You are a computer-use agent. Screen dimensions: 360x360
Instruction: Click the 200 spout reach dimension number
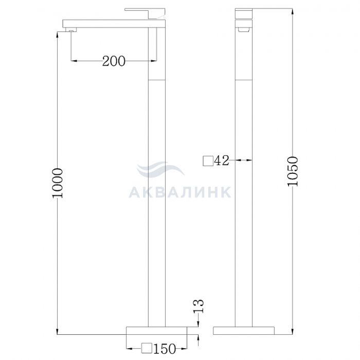[x=114, y=61]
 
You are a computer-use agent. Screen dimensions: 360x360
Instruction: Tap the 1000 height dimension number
[x=58, y=183]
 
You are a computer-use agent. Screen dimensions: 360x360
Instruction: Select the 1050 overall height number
[x=293, y=171]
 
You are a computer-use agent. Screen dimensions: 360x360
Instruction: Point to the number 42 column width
[x=222, y=160]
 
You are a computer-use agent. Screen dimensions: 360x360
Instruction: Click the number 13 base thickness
[x=198, y=306]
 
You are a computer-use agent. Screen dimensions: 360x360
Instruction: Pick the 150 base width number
[x=165, y=349]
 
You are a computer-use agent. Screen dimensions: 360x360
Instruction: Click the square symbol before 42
[x=208, y=160]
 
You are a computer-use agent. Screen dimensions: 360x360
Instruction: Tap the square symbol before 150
[x=147, y=348]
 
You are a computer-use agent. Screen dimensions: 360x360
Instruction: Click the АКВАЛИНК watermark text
[x=180, y=192]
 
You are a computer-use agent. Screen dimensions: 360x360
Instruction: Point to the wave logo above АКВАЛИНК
[x=160, y=170]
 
